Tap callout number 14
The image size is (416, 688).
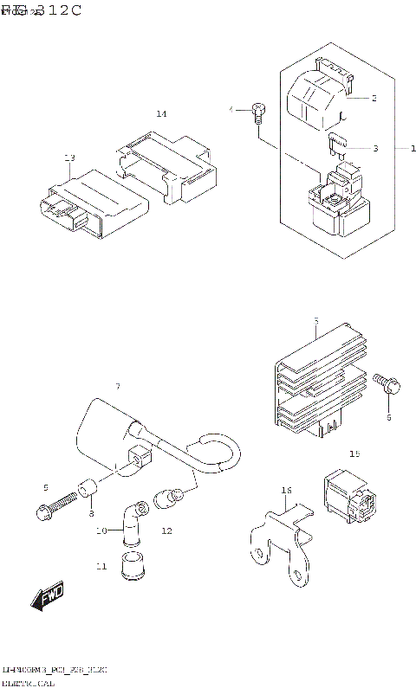click(x=161, y=114)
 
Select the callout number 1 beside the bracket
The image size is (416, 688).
click(x=401, y=148)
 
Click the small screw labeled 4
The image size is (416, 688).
click(x=257, y=110)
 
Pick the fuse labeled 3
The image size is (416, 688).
click(x=337, y=145)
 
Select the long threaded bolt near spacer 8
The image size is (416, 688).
click(x=55, y=508)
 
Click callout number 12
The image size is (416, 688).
click(x=166, y=530)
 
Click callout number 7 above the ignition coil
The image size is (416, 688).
click(x=118, y=385)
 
